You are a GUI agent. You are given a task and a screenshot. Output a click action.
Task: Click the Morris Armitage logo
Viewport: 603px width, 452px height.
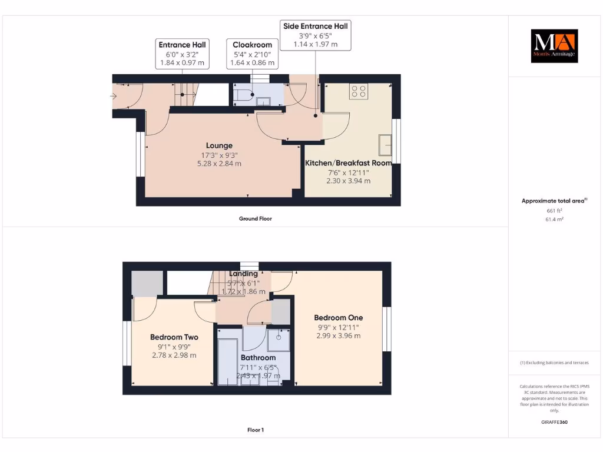tap(554, 46)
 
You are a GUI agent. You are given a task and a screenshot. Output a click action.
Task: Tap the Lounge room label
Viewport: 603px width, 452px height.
tap(219, 145)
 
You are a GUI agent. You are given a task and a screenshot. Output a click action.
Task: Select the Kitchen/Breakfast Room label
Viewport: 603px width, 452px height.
tap(348, 163)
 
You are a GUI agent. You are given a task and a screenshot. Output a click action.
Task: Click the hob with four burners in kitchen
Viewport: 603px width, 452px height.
tap(359, 91)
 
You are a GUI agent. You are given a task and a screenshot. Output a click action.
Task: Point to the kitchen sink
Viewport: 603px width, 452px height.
tap(386, 143)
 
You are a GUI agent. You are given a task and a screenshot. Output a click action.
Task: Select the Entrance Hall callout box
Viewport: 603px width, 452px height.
tap(182, 54)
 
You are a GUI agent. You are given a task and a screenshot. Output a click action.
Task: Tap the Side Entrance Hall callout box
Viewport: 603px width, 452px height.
tap(316, 35)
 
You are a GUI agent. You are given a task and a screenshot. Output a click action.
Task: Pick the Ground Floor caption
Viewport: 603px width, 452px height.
tap(255, 218)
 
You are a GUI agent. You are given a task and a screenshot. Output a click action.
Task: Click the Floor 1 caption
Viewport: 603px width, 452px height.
tap(255, 430)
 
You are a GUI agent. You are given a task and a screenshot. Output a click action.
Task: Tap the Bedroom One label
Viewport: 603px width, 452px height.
tap(338, 318)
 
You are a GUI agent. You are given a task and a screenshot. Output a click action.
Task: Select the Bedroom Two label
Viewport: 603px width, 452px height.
tap(174, 337)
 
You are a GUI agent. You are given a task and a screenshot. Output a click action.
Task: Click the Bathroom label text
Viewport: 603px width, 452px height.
tap(258, 357)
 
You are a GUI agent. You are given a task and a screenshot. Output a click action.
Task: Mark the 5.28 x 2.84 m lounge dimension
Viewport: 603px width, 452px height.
tap(219, 164)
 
